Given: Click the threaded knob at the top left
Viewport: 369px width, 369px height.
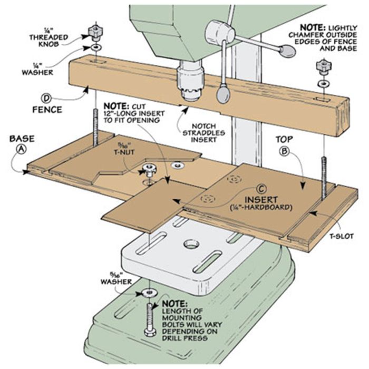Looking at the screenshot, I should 95,31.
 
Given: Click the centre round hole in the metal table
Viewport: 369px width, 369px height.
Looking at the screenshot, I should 188,245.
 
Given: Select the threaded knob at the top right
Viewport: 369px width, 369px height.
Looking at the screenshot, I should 320,67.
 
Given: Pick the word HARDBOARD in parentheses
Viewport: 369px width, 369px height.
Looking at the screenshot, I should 274,208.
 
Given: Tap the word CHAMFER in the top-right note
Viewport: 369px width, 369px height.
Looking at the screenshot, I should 316,35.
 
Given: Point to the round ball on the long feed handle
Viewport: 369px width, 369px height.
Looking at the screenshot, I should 287,51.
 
